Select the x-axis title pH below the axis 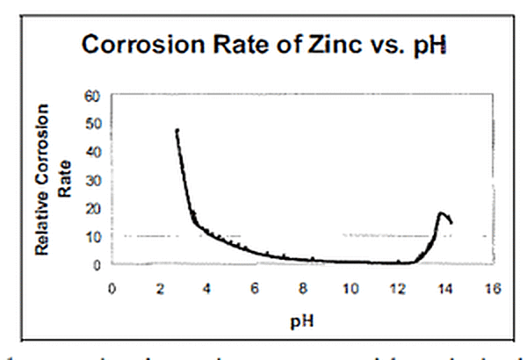tap(300, 321)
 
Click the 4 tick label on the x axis tap(207, 286)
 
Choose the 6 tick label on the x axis tap(255, 286)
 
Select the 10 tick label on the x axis tap(350, 286)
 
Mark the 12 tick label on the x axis tap(398, 286)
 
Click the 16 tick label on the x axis tap(494, 286)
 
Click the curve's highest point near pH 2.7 tap(177, 130)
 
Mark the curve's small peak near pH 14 tap(441, 212)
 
